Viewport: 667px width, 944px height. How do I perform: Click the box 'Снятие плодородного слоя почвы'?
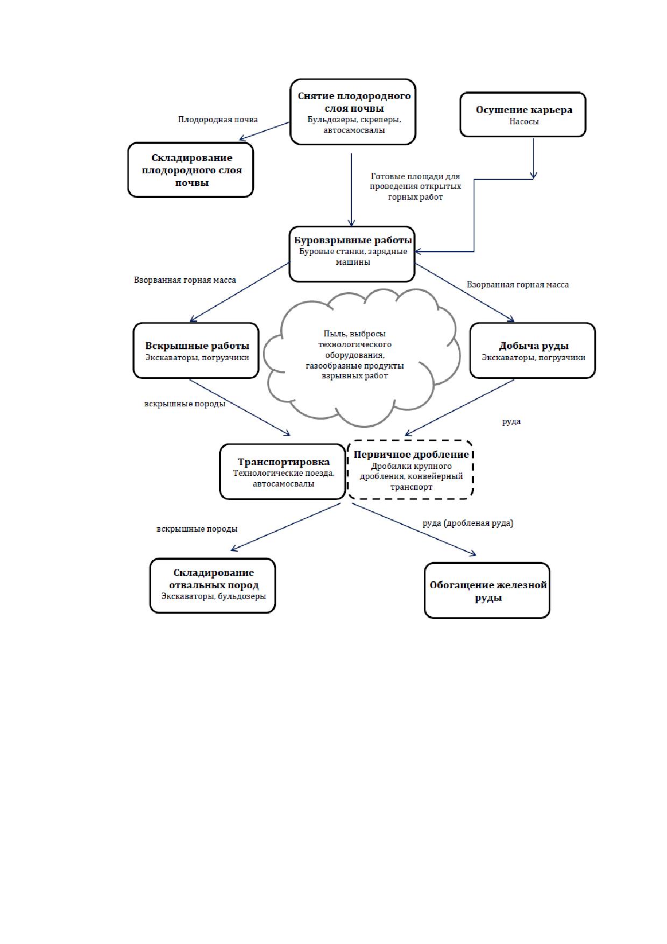[x=353, y=112]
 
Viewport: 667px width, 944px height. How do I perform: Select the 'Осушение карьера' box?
[x=523, y=115]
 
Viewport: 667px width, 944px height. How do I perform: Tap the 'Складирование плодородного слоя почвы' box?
[x=190, y=170]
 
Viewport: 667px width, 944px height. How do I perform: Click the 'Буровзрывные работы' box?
[x=352, y=254]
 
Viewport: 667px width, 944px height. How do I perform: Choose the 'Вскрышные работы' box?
[x=196, y=350]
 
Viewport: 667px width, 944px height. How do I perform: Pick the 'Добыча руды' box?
[x=533, y=350]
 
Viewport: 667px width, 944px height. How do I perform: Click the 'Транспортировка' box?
[x=282, y=471]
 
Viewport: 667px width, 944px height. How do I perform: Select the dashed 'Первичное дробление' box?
[x=410, y=470]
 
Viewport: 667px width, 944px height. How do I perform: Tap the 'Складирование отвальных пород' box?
[x=212, y=586]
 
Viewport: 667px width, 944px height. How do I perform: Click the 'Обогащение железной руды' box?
[x=487, y=590]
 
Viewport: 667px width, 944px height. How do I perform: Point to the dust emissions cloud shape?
[x=364, y=356]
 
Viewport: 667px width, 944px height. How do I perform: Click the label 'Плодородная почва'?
[x=218, y=119]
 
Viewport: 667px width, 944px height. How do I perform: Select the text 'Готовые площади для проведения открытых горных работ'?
[x=415, y=187]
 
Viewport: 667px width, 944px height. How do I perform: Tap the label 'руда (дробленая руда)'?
[x=468, y=523]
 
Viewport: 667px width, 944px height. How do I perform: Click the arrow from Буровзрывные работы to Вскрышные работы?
[x=240, y=293]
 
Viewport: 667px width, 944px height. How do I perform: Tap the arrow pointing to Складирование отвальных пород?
[x=286, y=527]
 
